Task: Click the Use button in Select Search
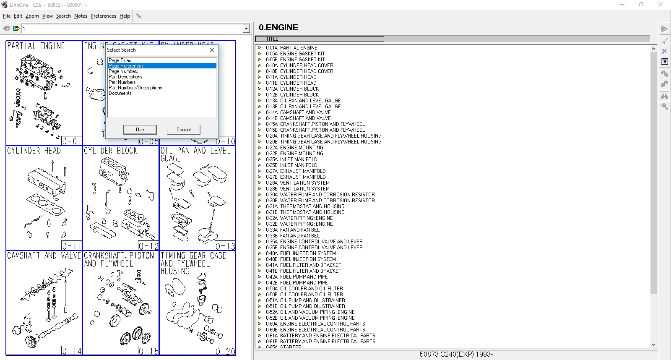tap(140, 130)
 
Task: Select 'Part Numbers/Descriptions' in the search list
tap(135, 88)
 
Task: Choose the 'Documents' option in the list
tap(120, 93)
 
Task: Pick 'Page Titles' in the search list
tap(120, 60)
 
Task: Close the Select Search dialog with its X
tap(212, 50)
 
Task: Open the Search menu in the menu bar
tap(63, 16)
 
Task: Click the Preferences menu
tap(103, 16)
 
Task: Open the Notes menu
tap(81, 16)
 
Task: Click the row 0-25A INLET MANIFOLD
tap(299, 159)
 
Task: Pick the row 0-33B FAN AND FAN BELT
tap(301, 236)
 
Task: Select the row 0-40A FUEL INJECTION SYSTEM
tap(308, 253)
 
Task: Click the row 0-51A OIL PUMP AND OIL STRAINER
tap(312, 300)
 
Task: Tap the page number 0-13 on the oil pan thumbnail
tap(225, 246)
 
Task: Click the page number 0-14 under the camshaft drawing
tap(72, 351)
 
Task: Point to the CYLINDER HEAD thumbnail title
tap(34, 151)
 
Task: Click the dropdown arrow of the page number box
tap(246, 29)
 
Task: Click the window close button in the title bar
tap(661, 5)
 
